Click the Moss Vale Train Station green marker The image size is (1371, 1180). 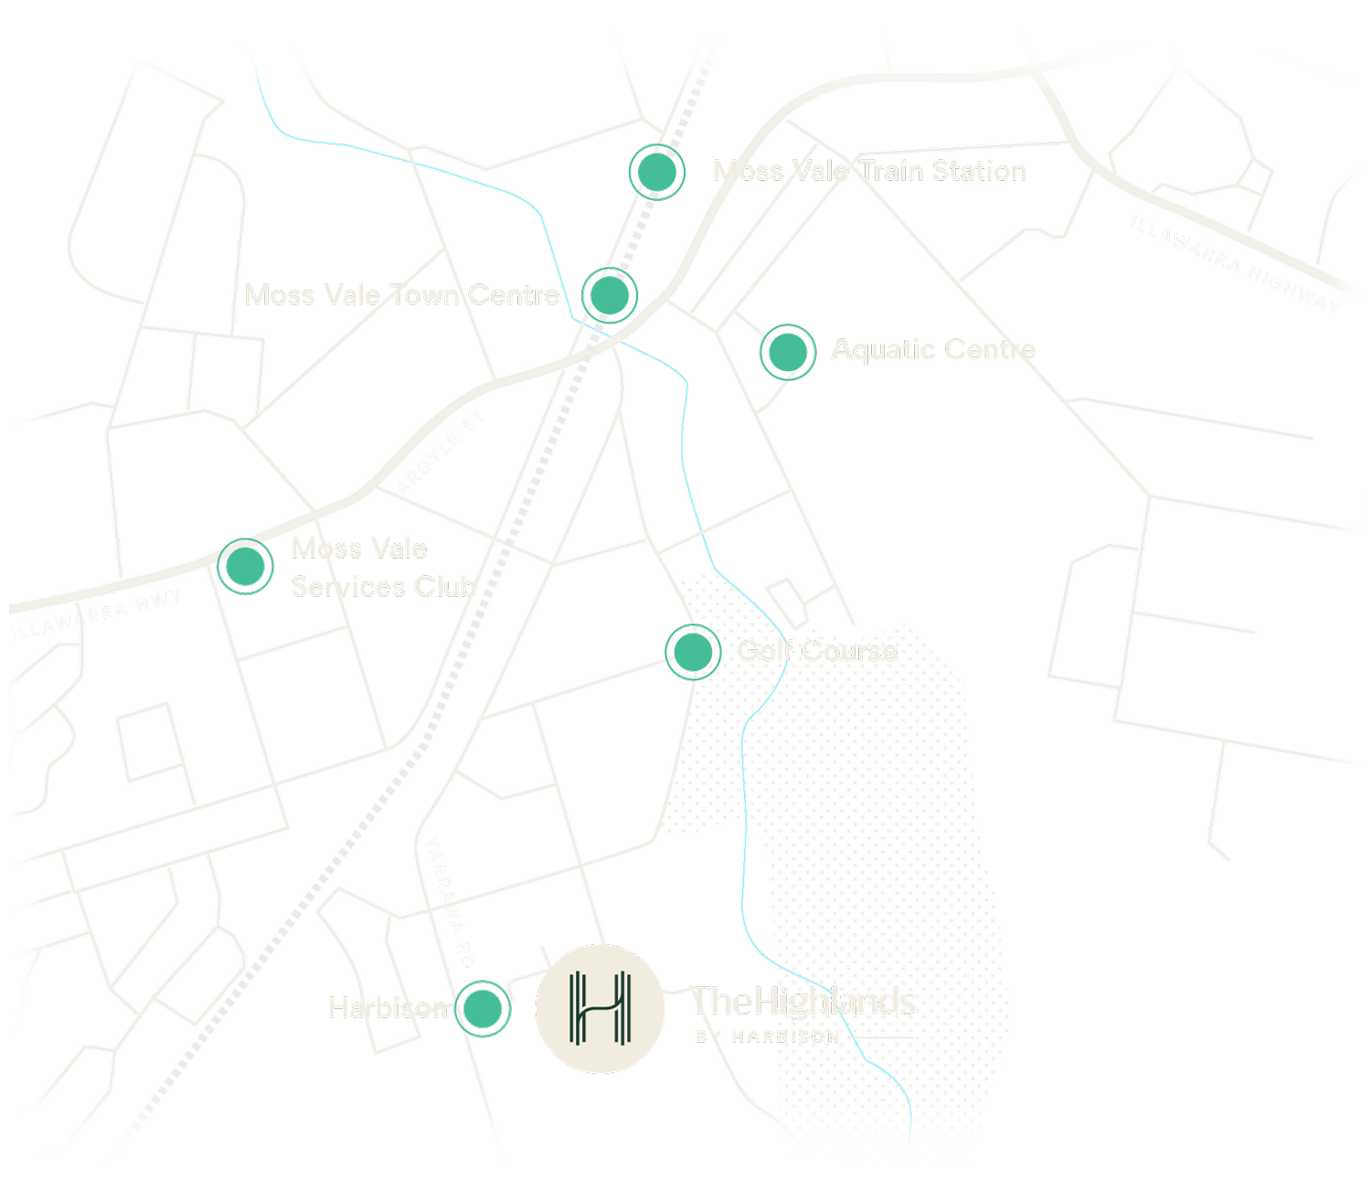click(656, 171)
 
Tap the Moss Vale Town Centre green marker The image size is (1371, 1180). click(609, 294)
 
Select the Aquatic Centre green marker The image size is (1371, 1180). click(787, 351)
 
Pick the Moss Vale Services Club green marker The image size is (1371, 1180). click(244, 567)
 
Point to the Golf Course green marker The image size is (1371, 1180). click(692, 651)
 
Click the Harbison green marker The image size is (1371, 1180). click(482, 1008)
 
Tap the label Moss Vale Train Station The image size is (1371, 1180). click(869, 171)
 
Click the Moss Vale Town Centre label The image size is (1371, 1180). click(402, 294)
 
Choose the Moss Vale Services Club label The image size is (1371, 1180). click(381, 568)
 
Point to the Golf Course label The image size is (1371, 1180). click(817, 651)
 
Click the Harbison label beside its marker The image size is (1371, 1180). click(388, 1008)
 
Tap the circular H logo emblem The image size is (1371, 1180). click(600, 1009)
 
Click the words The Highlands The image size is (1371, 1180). click(803, 1002)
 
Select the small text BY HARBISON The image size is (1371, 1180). click(768, 1036)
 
